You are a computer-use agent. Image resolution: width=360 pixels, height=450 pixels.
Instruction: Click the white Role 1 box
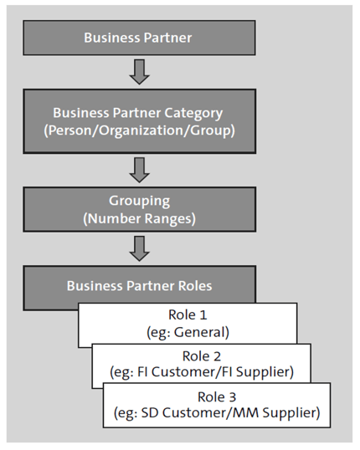coord(188,325)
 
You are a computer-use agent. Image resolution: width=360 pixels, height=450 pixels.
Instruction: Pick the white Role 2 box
coord(202,363)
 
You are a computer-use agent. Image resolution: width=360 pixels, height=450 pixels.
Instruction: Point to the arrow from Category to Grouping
coord(141,169)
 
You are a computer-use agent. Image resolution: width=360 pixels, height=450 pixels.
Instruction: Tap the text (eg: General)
coord(188,332)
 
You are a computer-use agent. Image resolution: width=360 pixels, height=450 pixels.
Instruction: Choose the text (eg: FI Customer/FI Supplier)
coord(202,371)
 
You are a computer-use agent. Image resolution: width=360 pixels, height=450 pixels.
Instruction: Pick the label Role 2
coord(202,355)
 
